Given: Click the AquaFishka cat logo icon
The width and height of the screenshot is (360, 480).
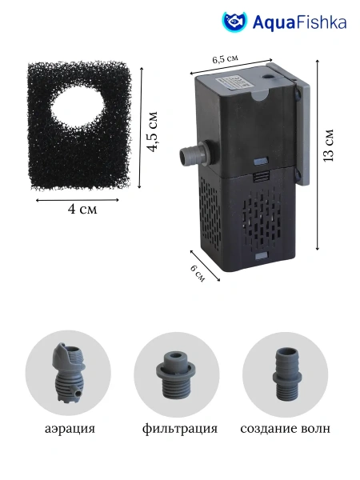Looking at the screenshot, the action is point(234,22).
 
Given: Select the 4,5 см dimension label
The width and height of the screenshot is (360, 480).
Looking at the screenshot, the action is point(152,131).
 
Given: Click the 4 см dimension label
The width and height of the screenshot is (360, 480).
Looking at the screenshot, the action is point(82,210).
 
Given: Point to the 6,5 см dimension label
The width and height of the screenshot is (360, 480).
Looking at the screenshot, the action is point(225,58).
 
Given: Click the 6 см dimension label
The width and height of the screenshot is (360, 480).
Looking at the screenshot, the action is point(198,273).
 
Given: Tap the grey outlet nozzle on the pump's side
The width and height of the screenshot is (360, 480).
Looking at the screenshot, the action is point(194,153).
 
